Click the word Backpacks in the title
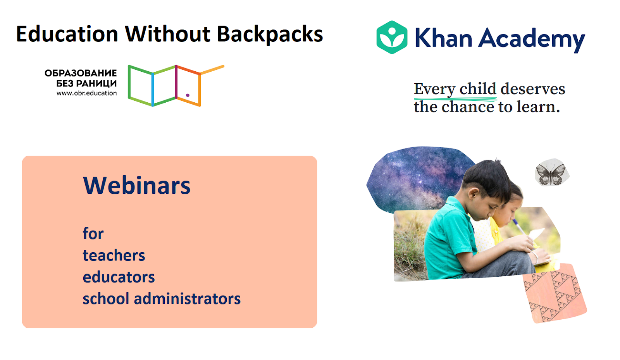[x=270, y=34]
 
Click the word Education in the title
[x=67, y=34]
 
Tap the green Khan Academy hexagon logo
[x=392, y=37]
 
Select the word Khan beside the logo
[x=443, y=38]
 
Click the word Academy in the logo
[x=532, y=40]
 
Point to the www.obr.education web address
[x=87, y=93]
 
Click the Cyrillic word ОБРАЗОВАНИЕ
[x=81, y=73]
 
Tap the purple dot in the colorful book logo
[x=188, y=95]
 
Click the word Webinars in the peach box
[x=137, y=185]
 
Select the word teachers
[x=114, y=255]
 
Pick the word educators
[x=119, y=277]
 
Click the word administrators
[x=188, y=298]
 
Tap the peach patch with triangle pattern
[x=555, y=293]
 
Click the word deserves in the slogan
[x=533, y=89]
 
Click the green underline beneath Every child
[x=455, y=98]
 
